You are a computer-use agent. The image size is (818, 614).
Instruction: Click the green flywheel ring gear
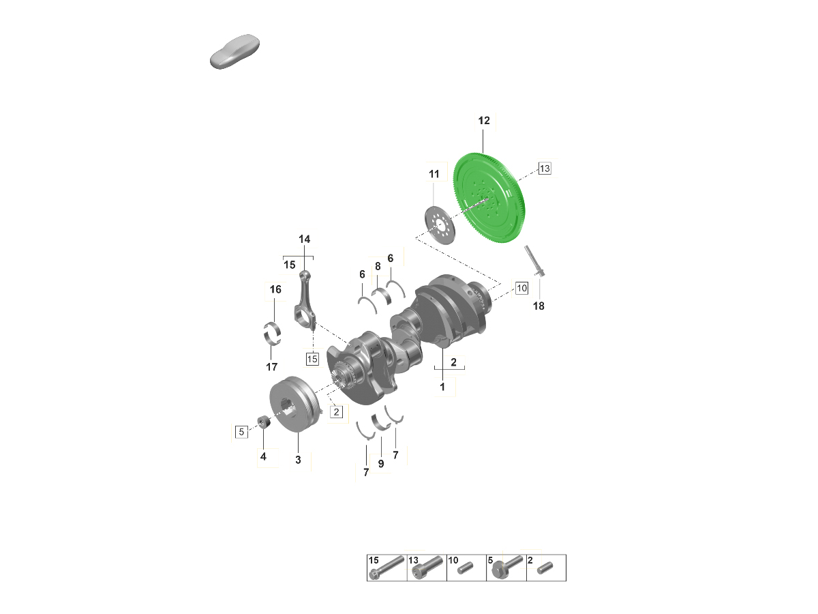tap(489, 198)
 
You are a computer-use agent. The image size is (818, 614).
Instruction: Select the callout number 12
tap(484, 121)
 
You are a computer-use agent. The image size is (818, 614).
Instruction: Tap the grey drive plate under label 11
tap(440, 225)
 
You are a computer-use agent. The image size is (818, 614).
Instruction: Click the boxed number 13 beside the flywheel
tap(545, 169)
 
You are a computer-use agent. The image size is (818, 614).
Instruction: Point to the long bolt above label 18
tap(535, 261)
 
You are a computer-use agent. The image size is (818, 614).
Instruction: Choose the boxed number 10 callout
tap(521, 288)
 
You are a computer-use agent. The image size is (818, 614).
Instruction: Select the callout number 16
tap(275, 289)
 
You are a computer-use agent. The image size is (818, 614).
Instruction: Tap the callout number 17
tap(272, 367)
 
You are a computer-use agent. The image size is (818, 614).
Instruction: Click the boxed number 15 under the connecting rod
tap(312, 359)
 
